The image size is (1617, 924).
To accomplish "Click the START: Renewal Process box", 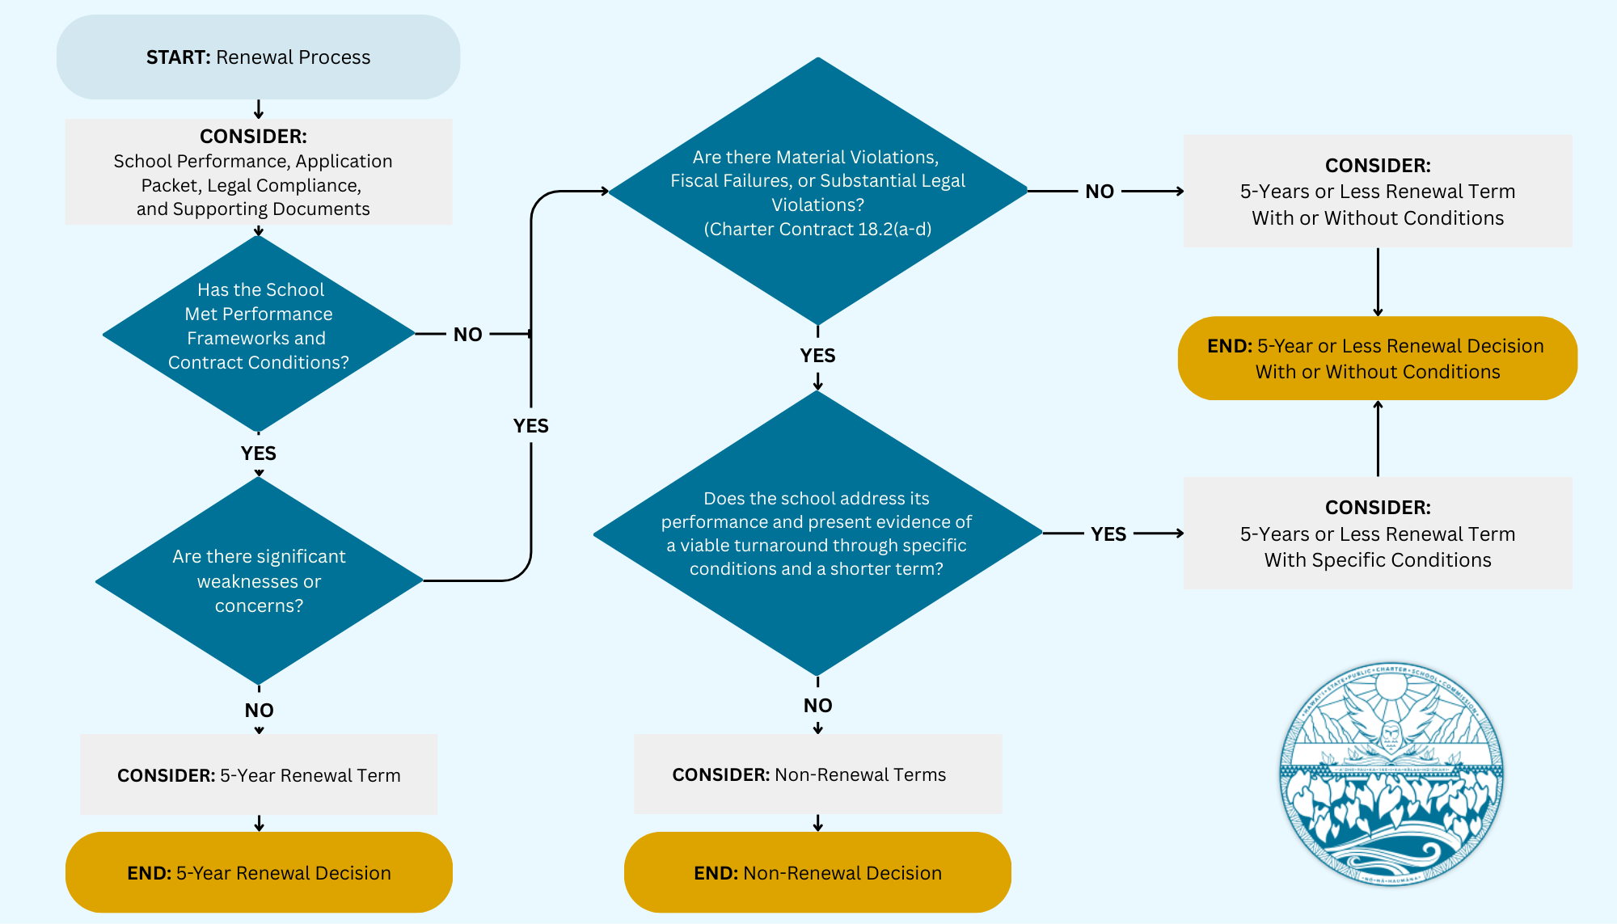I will point(258,57).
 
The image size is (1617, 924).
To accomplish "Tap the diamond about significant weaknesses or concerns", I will point(259,580).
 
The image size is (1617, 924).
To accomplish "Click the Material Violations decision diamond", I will point(817,192).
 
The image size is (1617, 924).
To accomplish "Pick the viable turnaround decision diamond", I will point(817,534).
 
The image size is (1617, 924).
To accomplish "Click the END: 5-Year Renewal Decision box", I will point(259,872).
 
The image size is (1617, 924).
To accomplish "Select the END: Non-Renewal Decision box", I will point(817,872).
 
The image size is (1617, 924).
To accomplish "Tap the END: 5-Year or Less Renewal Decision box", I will point(1377,358).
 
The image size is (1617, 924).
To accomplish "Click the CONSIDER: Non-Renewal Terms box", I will point(817,774).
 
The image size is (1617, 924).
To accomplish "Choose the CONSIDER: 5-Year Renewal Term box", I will point(259,774).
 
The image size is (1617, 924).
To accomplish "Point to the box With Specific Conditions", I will point(1377,534).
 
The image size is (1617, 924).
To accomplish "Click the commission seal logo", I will point(1391,774).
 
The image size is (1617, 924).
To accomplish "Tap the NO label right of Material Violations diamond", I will point(1100,192).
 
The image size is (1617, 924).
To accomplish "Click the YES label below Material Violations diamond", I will point(817,356).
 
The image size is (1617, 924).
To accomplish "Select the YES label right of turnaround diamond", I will point(1108,534).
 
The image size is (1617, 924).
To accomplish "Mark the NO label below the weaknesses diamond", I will point(259,711).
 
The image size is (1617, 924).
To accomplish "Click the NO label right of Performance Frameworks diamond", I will point(467,335).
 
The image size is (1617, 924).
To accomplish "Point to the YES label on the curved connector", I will point(530,426).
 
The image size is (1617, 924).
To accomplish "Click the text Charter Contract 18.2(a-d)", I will point(817,230).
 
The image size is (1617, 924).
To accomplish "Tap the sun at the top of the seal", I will point(1391,688).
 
